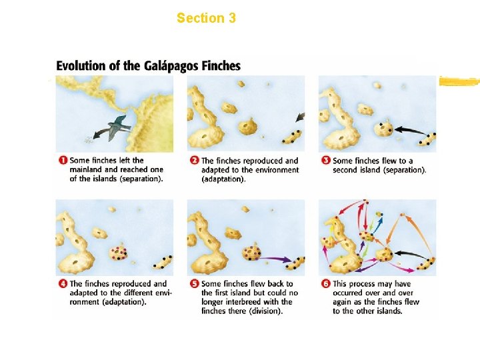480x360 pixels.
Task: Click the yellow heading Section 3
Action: click(206, 18)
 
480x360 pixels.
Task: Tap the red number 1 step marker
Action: click(63, 160)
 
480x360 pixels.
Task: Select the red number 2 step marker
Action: click(195, 160)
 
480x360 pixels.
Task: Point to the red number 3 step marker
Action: click(326, 160)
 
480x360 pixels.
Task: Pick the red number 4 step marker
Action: click(63, 283)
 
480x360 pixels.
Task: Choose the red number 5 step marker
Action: click(195, 283)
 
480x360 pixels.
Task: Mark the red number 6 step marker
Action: click(326, 283)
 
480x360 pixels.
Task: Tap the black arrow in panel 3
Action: click(411, 131)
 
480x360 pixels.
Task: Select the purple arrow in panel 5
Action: click(275, 259)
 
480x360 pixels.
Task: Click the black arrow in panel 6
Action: click(411, 254)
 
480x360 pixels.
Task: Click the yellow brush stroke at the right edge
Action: click(459, 82)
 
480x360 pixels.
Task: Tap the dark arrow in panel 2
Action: click(300, 117)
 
